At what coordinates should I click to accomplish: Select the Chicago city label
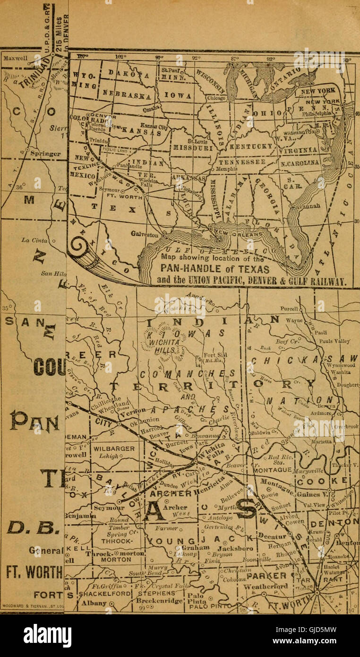pyautogui.click(x=217, y=99)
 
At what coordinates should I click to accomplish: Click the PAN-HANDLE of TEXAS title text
pyautogui.click(x=215, y=269)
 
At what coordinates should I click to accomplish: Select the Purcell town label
pyautogui.click(x=288, y=309)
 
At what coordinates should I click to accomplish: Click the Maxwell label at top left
pyautogui.click(x=16, y=60)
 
